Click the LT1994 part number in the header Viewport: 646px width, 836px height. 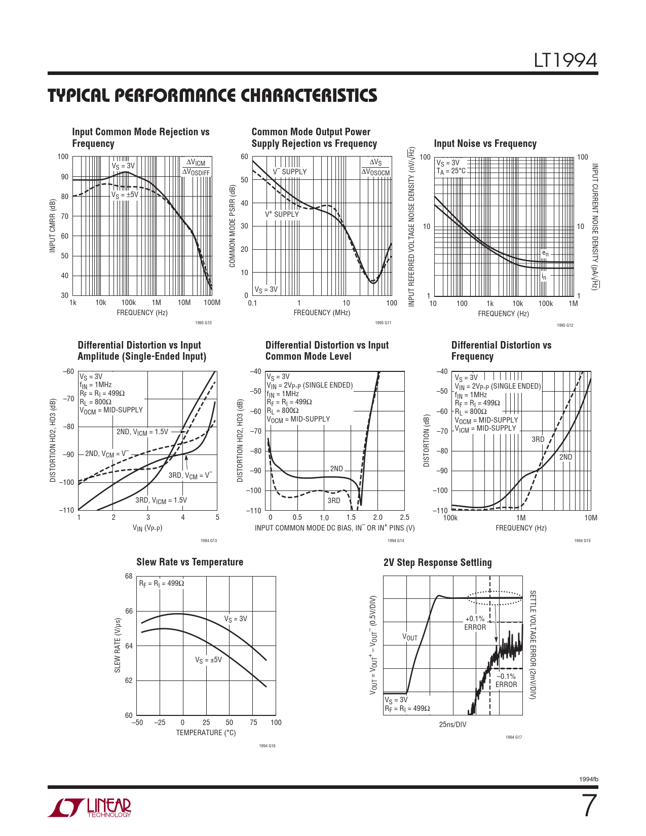tap(565, 60)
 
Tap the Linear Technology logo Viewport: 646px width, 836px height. tap(90, 808)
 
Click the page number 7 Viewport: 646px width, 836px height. tap(589, 806)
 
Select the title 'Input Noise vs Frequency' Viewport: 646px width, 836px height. tap(485, 143)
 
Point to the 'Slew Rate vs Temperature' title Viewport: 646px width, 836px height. tap(189, 562)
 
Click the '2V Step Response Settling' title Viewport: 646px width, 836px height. tap(437, 562)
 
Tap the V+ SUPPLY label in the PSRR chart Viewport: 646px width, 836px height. tap(282, 214)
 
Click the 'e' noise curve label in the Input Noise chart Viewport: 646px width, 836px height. tap(545, 253)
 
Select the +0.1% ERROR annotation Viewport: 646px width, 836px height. tap(475, 623)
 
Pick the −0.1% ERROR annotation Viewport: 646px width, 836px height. tap(506, 680)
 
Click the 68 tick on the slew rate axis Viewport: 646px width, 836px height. tap(129, 576)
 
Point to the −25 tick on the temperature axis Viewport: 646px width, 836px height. tap(160, 723)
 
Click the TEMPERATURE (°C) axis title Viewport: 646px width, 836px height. tap(206, 733)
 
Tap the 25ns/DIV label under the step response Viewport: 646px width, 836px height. tap(452, 725)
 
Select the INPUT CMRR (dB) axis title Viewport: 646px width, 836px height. tap(52, 226)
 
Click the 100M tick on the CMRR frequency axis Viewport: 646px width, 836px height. tap(212, 302)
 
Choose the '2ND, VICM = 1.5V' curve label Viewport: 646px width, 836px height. tap(142, 432)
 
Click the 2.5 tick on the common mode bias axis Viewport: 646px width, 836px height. tap(404, 517)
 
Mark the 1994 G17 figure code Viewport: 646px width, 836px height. tap(513, 737)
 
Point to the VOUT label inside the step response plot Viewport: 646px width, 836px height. tap(410, 637)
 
